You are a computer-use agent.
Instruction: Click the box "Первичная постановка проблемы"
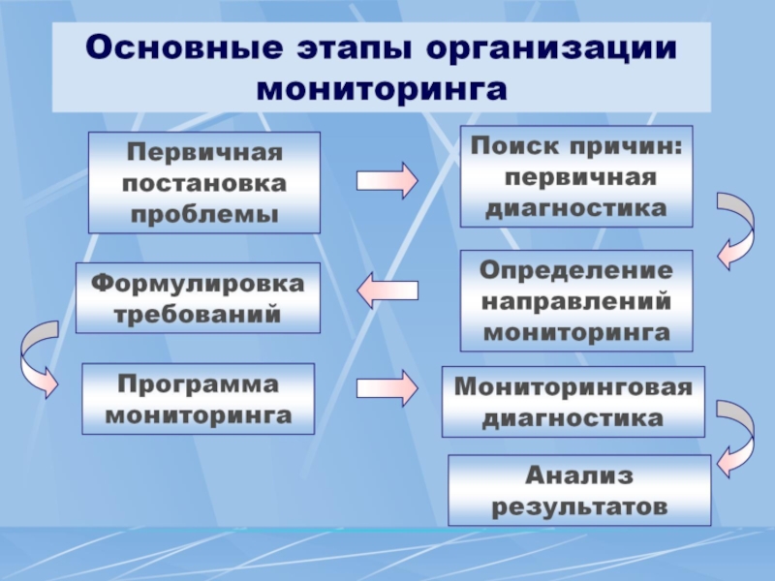204,183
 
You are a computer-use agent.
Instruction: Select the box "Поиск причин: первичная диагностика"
576,176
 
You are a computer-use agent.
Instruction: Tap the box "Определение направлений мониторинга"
576,300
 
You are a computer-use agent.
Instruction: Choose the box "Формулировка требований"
198,298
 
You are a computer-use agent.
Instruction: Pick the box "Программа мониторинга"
199,398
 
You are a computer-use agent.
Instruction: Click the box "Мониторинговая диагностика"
573,402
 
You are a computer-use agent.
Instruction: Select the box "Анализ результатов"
579,491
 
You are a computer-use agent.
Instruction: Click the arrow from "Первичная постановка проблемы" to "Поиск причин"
387,181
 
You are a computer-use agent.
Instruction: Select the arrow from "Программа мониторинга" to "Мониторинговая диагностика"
387,388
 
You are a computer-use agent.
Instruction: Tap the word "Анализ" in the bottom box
578,475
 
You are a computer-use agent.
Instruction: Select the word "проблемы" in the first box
203,212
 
